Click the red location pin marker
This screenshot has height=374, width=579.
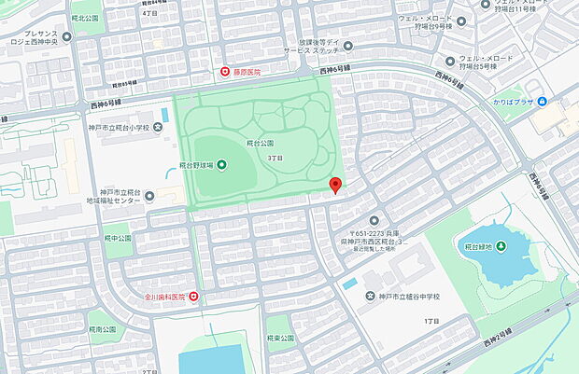pos(336,185)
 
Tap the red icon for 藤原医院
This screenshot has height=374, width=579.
pos(224,72)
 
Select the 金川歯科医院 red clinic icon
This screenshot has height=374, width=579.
pos(193,297)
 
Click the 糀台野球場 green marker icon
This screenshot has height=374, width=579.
pos(221,165)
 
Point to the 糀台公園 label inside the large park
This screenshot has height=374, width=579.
pos(261,144)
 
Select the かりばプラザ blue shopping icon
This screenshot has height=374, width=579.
pos(542,101)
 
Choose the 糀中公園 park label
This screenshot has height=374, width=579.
pos(119,238)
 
